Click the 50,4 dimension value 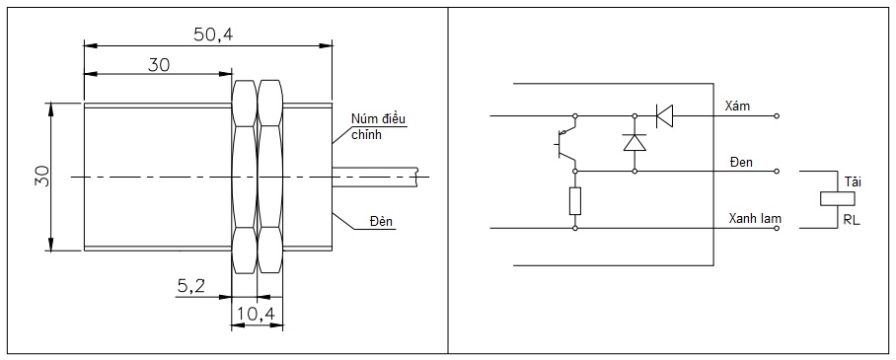point(213,35)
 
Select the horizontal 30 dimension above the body point(159,65)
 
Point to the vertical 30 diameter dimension point(41,176)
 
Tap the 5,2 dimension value point(190,287)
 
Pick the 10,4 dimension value point(257,314)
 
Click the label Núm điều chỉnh point(378,127)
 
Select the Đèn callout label point(381,221)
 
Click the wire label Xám point(737,106)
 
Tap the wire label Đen point(741,163)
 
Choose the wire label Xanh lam point(755,218)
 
